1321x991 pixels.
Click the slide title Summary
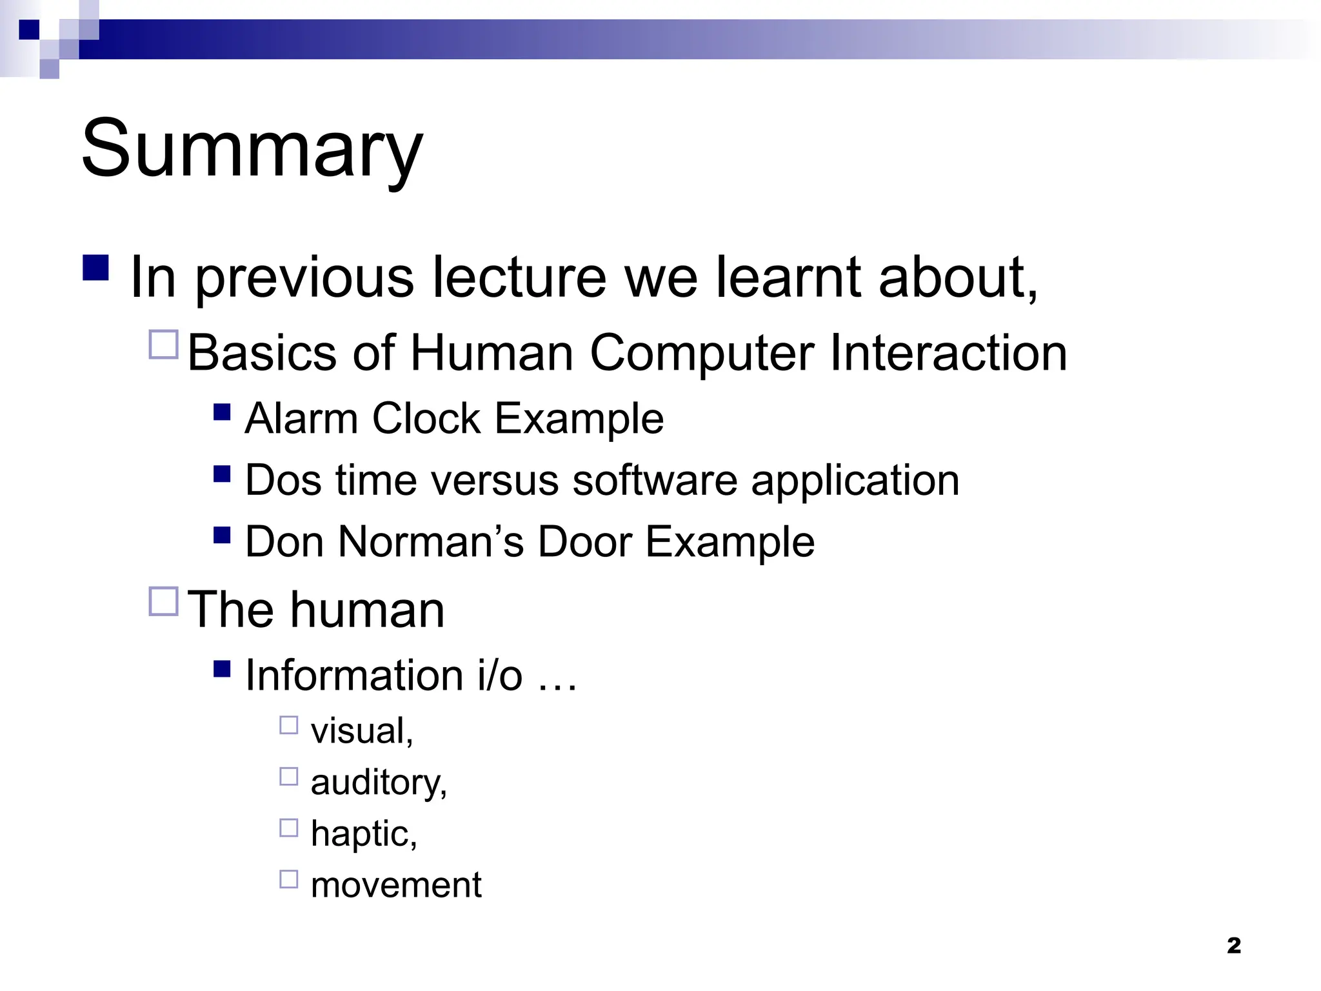(252, 150)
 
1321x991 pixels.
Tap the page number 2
(1233, 946)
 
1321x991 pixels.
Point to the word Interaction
(948, 354)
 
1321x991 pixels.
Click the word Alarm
(301, 419)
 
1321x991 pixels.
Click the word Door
(584, 542)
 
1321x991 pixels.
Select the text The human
(316, 610)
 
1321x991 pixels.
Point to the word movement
(395, 885)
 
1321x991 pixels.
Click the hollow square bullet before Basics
(163, 345)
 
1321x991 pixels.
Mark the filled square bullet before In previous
(95, 268)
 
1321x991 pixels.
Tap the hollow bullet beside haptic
(288, 828)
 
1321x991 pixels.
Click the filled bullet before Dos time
(221, 474)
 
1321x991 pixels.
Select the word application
(855, 481)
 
